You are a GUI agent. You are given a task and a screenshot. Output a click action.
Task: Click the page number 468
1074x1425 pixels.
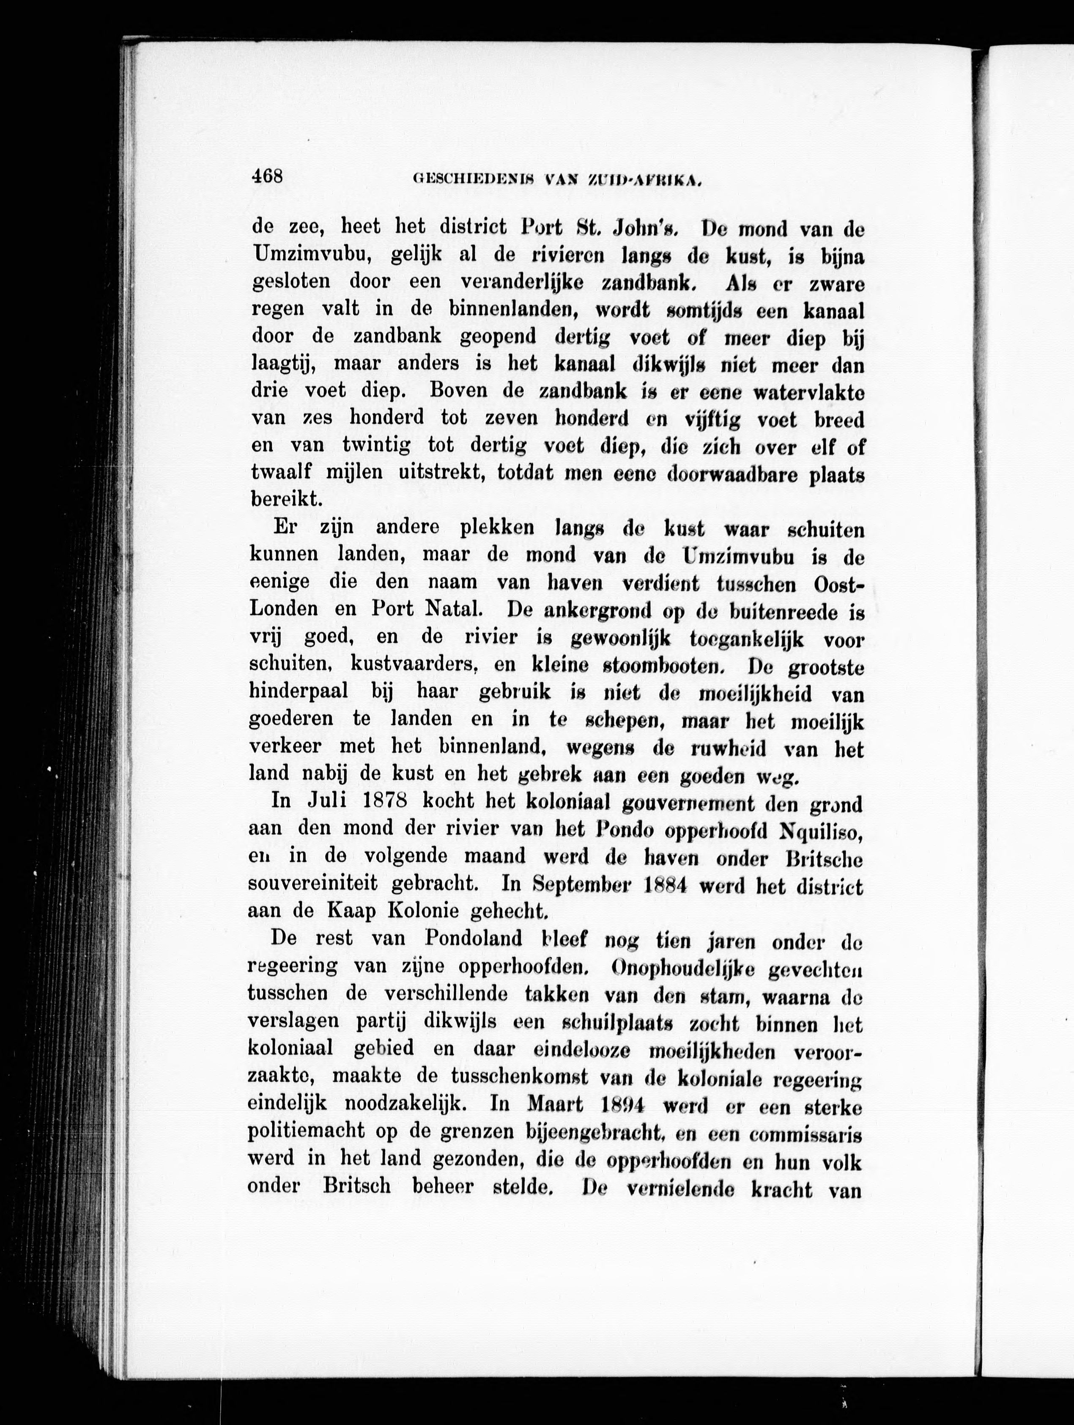[x=267, y=176]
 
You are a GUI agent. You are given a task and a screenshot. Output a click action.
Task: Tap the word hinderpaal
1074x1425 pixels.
[x=298, y=691]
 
